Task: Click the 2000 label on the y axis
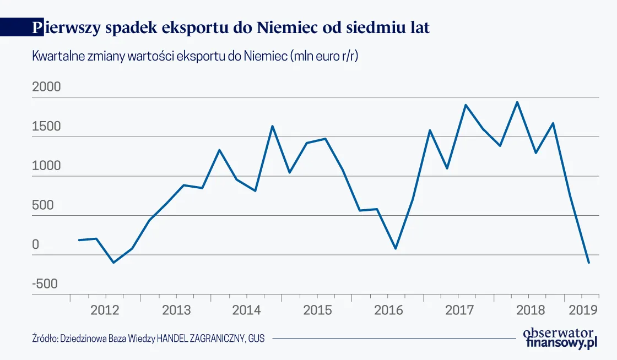[47, 88]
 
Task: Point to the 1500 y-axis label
[46, 127]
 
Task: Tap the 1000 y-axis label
[46, 166]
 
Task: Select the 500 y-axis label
[44, 205]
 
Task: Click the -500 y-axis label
[45, 284]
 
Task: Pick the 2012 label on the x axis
[105, 310]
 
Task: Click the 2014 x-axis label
[246, 310]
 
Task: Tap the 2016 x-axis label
[388, 310]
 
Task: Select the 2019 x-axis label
[583, 310]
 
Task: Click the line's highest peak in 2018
[517, 102]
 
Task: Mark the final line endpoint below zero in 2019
[589, 263]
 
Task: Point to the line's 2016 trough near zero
[396, 248]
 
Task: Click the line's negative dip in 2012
[113, 263]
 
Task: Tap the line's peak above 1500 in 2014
[272, 126]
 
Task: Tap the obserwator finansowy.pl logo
[559, 337]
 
